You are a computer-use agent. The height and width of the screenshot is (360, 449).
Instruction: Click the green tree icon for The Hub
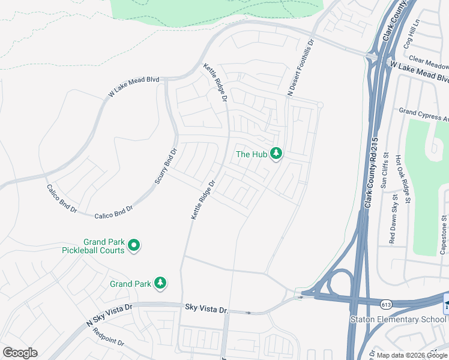(276, 154)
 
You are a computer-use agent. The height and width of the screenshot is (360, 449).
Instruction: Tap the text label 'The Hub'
(252, 154)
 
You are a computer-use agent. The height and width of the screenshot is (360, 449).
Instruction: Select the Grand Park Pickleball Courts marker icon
(134, 245)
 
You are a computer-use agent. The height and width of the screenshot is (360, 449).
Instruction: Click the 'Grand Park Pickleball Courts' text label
(93, 245)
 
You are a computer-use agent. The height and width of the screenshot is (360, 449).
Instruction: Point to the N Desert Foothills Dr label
(301, 68)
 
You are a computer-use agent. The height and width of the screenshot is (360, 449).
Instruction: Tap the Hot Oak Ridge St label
(403, 178)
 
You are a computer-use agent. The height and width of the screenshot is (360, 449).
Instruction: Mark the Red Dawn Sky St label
(394, 219)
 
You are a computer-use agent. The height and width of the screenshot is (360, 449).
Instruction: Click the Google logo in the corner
(20, 353)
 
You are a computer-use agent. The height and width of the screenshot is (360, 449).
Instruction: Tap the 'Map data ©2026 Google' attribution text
(411, 355)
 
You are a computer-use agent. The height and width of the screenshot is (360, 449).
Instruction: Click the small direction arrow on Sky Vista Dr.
(255, 313)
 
